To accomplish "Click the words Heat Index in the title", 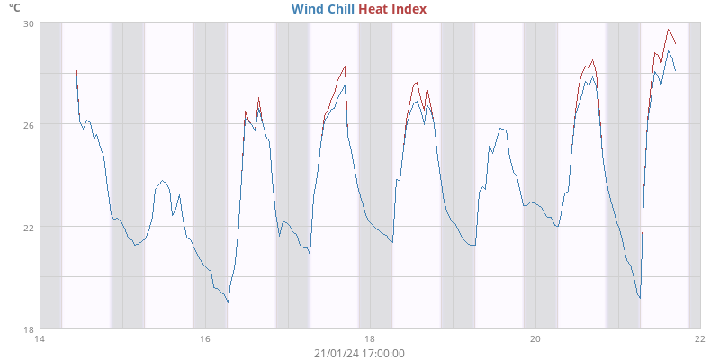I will tap(392, 9).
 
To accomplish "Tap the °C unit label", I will tap(15, 7).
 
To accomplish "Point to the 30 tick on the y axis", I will tap(28, 22).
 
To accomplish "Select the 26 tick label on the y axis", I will tap(28, 124).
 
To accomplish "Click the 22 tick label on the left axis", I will tap(28, 227).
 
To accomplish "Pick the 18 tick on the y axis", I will tap(28, 328).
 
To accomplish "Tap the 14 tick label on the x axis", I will tap(40, 339).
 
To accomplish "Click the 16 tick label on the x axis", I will tap(205, 339).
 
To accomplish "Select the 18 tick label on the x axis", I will tap(370, 339).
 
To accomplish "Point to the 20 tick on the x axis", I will tap(535, 339).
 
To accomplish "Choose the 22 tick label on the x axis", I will tap(700, 339).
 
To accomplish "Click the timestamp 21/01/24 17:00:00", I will tap(359, 353).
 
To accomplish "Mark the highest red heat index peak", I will tap(669, 30).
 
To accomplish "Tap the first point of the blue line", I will tap(76, 67).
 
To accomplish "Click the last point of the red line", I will tap(676, 44).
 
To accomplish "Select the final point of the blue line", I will tap(675, 70).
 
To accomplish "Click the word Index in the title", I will tap(409, 9).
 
